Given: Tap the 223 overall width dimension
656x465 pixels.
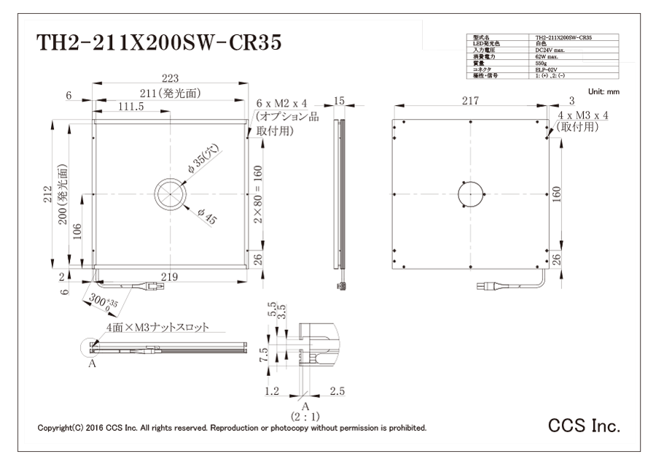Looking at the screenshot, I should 168,79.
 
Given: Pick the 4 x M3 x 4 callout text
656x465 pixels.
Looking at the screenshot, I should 582,115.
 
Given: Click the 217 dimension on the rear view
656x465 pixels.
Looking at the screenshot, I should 471,101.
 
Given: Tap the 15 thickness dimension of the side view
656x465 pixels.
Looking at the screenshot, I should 338,101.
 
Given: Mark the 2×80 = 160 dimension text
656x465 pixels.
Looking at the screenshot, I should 257,194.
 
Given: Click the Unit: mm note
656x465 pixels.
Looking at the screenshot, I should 603,91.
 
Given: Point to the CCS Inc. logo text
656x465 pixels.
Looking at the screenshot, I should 584,426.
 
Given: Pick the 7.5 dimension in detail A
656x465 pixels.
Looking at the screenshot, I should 265,355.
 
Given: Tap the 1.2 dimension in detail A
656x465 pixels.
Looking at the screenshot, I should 271,392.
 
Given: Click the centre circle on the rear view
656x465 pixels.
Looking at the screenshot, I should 471,194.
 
